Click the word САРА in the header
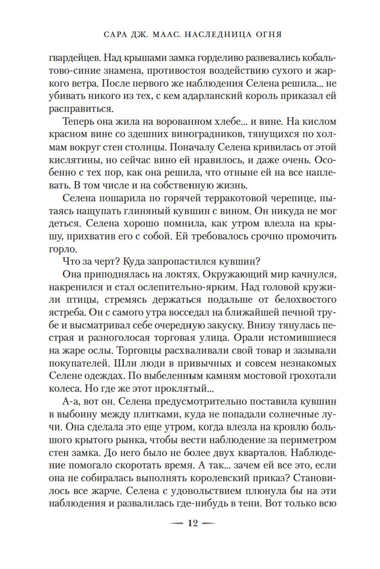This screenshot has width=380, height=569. (x=116, y=35)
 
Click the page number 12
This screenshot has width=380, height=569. (x=193, y=523)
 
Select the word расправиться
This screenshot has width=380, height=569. (x=81, y=109)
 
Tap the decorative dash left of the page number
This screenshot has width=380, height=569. (x=177, y=524)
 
